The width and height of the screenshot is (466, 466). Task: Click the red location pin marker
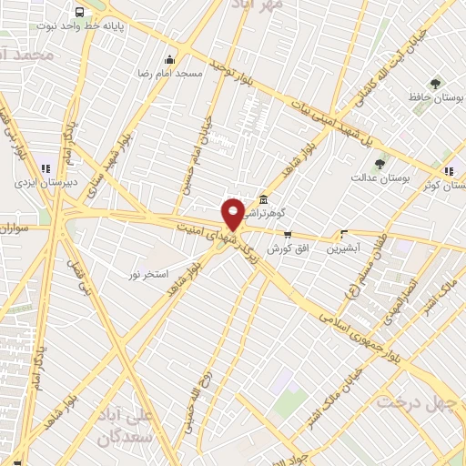pos(233,212)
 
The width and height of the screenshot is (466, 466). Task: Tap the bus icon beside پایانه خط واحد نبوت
pos(81,13)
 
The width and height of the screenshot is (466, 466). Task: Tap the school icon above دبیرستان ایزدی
pos(46,167)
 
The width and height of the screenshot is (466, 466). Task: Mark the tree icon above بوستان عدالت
pos(380,164)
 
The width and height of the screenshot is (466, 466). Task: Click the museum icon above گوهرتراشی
pos(263,200)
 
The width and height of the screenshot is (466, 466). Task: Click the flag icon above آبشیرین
pos(344,233)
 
